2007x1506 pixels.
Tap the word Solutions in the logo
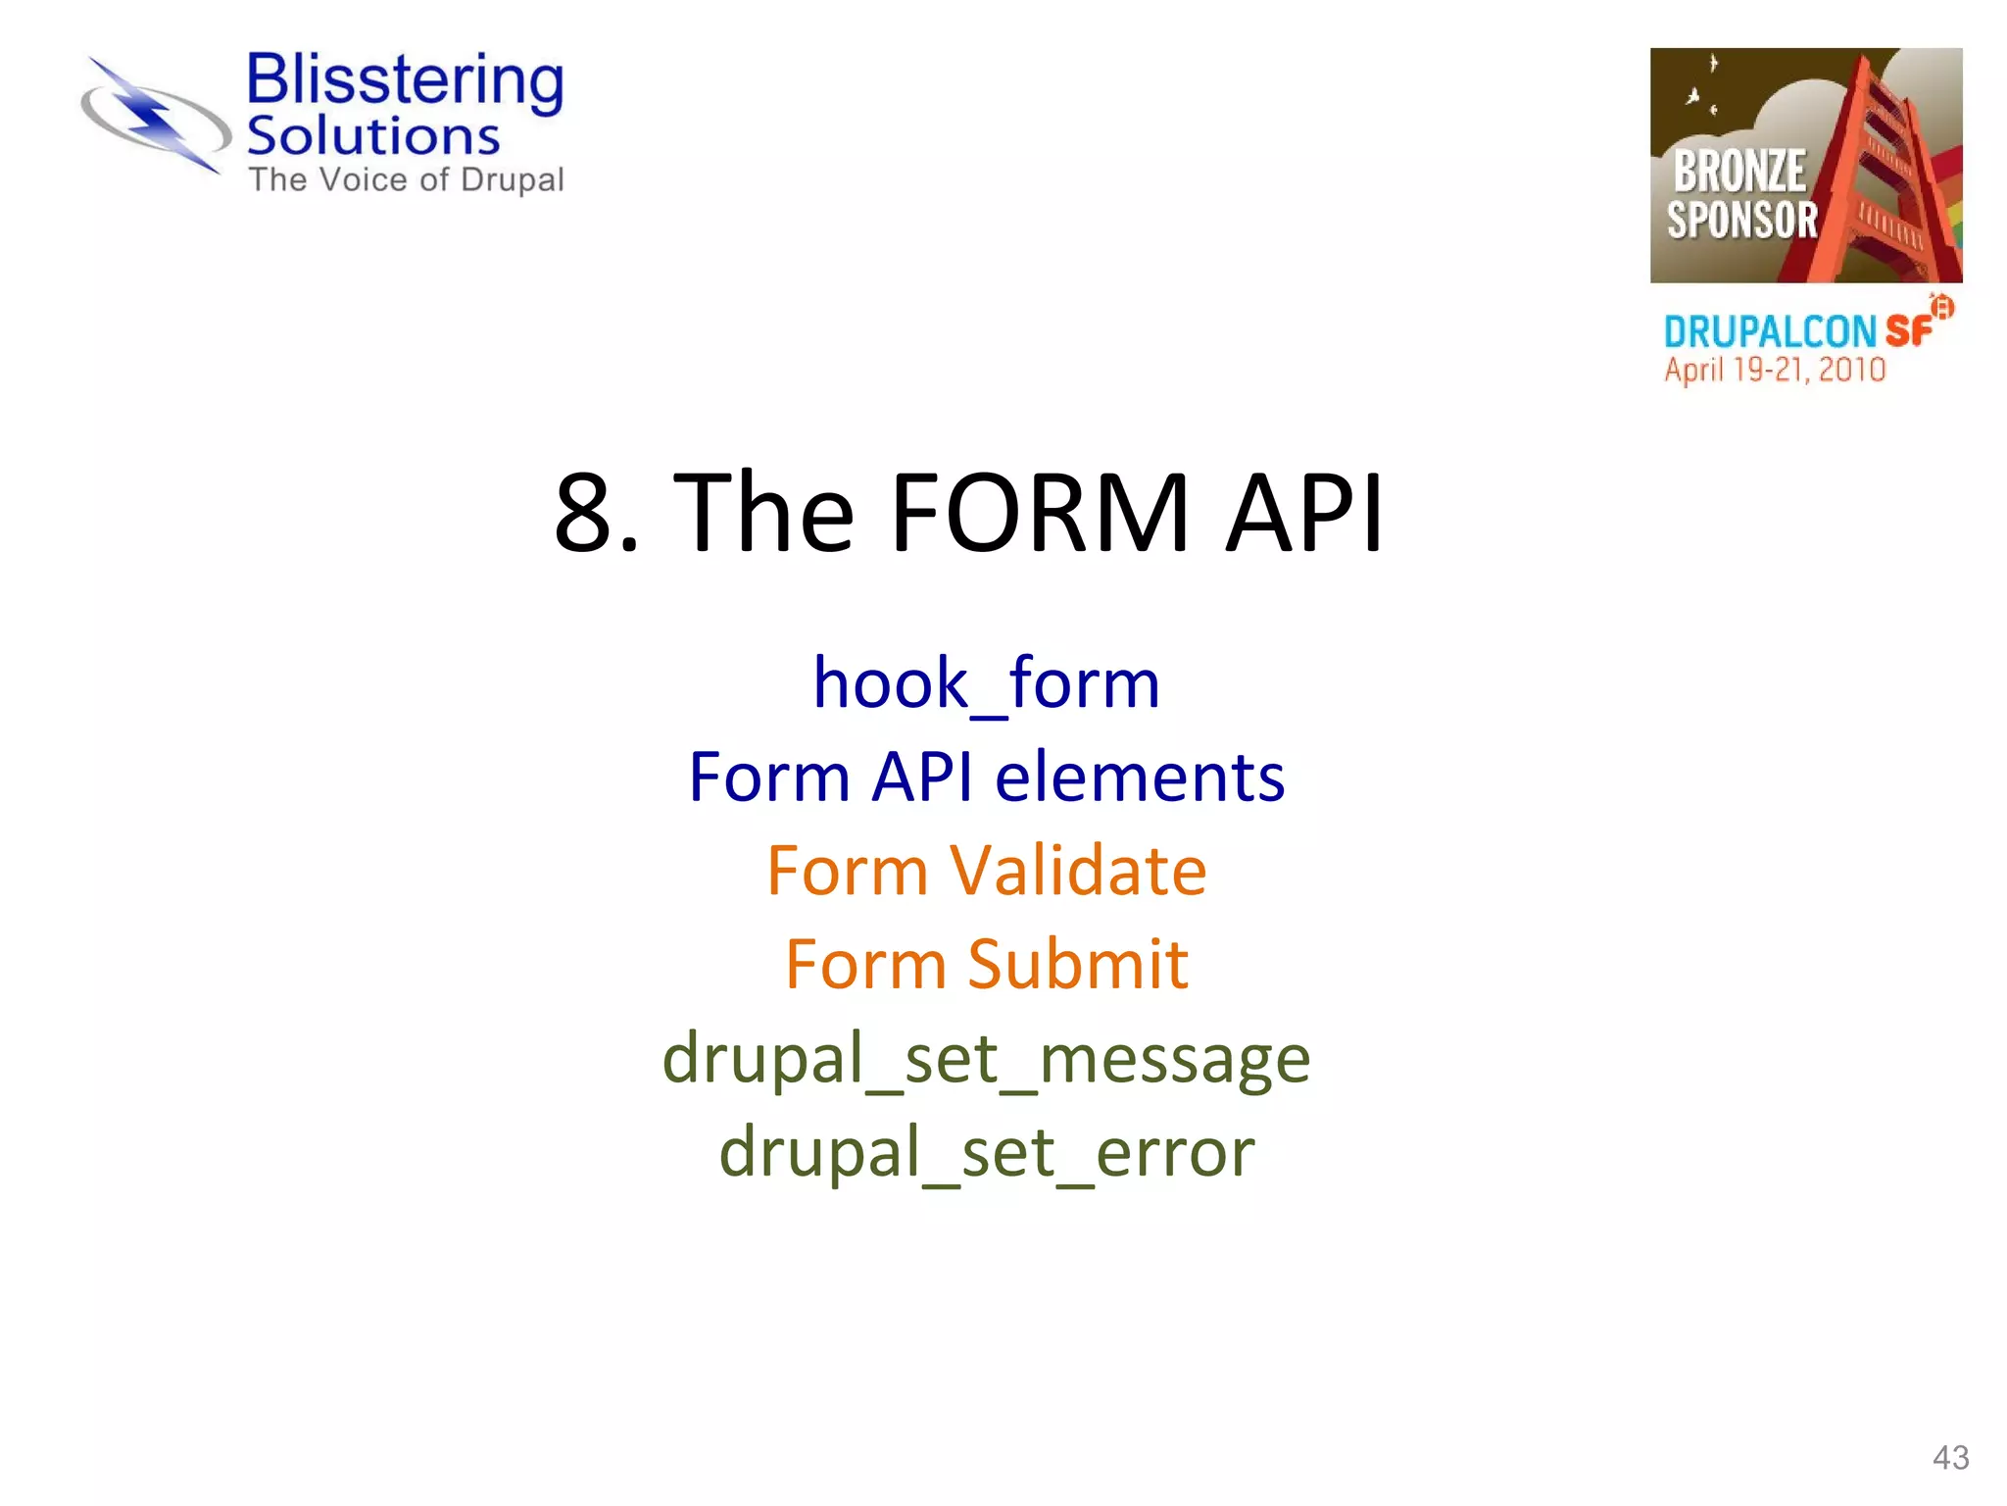pyautogui.click(x=372, y=136)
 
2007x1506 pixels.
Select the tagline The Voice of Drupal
pyautogui.click(x=406, y=180)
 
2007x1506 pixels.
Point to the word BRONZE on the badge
pyautogui.click(x=1738, y=172)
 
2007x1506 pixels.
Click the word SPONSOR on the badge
pyautogui.click(x=1741, y=220)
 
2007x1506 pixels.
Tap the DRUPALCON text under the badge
pyautogui.click(x=1769, y=332)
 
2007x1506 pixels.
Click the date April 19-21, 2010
pyautogui.click(x=1774, y=371)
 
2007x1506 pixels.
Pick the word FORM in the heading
pyautogui.click(x=1039, y=513)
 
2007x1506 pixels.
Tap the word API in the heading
pyautogui.click(x=1304, y=513)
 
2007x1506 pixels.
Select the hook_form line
pyautogui.click(x=986, y=683)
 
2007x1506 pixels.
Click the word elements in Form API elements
pyautogui.click(x=1139, y=778)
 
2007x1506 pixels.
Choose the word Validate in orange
pyautogui.click(x=1078, y=871)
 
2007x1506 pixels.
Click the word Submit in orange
pyautogui.click(x=1078, y=965)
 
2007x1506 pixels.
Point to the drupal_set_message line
pyautogui.click(x=986, y=1060)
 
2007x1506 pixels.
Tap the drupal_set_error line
pyautogui.click(x=986, y=1153)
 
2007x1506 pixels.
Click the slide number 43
pyautogui.click(x=1950, y=1458)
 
